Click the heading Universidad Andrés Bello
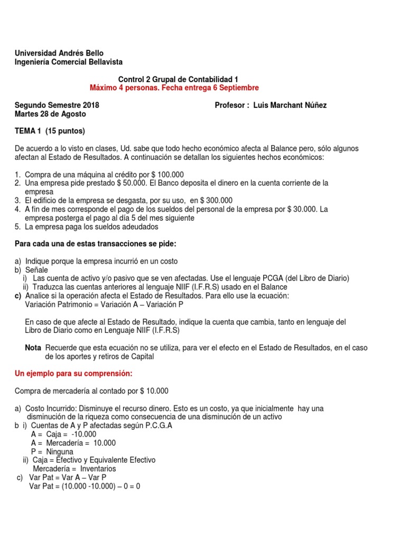click(59, 53)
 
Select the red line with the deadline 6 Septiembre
click(174, 87)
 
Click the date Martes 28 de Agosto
click(50, 114)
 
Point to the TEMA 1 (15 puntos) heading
click(50, 131)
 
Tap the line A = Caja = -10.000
click(68, 435)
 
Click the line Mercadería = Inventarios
click(74, 469)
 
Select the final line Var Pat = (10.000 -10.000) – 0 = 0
click(85, 486)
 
